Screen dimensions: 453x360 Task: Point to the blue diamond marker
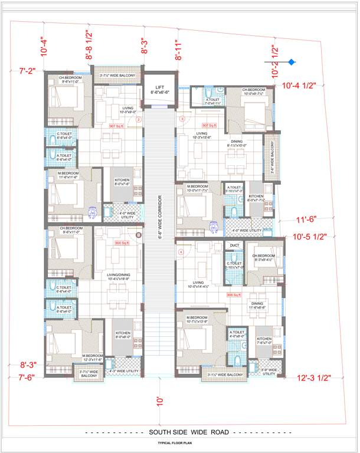[x=292, y=61]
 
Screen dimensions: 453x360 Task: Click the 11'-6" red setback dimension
[x=307, y=219]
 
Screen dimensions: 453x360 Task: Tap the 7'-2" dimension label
[x=28, y=71]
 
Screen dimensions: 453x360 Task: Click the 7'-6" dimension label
[x=28, y=377]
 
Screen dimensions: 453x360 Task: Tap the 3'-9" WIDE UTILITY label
[x=268, y=372]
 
